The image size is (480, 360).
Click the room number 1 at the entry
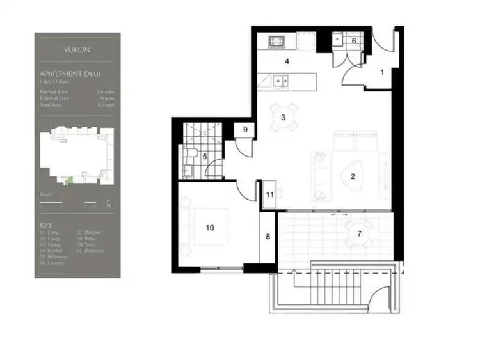[382, 72]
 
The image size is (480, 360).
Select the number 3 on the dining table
[283, 117]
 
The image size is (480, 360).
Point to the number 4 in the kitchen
[287, 62]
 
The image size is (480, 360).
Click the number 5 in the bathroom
[205, 157]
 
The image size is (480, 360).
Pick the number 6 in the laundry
[354, 40]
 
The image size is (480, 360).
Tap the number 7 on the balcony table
[359, 233]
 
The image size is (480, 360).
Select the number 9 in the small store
[246, 129]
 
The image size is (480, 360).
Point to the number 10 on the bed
[209, 227]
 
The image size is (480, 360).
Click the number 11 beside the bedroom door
[270, 194]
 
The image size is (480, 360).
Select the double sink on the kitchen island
[280, 81]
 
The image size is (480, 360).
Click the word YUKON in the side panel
[77, 49]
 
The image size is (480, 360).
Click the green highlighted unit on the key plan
[70, 182]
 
